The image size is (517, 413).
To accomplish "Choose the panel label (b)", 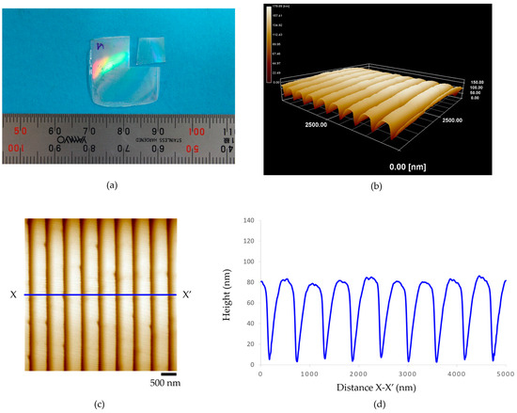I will point(386,187).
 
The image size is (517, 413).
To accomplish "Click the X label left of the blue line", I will point(14,294).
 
